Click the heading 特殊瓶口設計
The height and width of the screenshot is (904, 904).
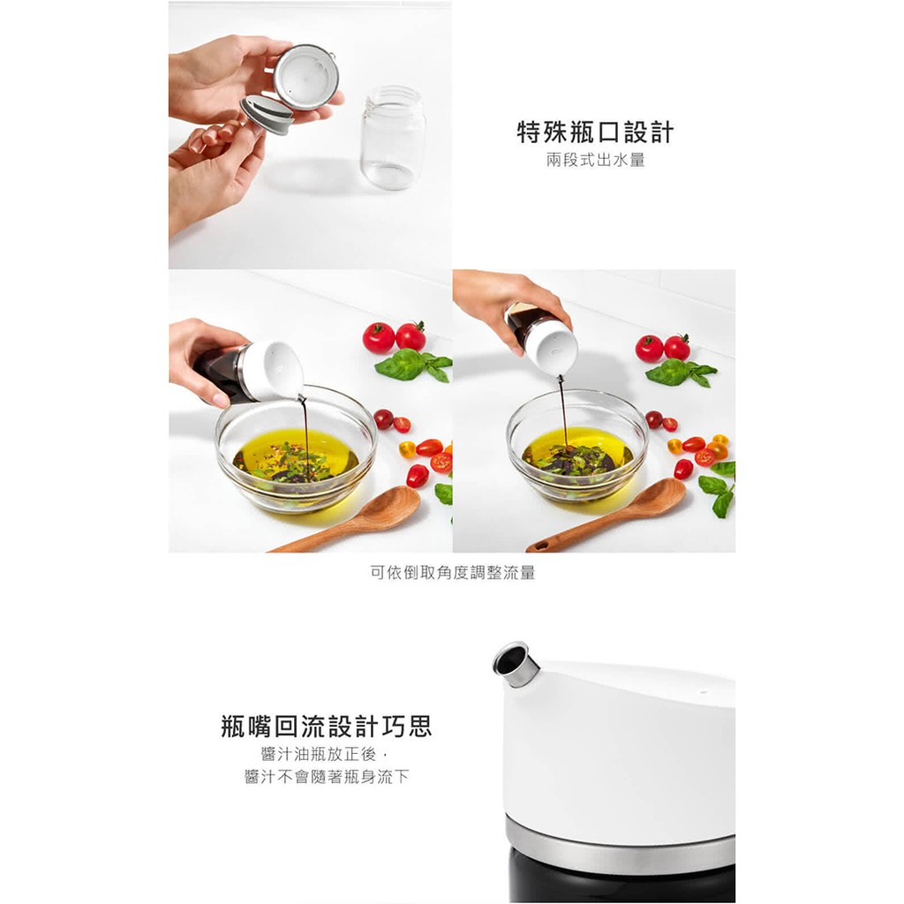pos(595,132)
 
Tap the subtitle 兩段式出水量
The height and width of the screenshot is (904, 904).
pos(596,160)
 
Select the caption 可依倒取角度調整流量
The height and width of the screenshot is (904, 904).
pos(453,572)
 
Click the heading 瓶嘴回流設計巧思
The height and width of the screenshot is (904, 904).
pos(327,726)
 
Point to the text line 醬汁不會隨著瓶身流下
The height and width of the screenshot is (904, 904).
pos(327,777)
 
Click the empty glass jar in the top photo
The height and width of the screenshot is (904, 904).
pos(394,138)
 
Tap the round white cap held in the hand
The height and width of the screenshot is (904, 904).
pos(305,77)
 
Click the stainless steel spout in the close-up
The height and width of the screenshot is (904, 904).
pos(515,665)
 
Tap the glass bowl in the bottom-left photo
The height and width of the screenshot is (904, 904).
pos(296,448)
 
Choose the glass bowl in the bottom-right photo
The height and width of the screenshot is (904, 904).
pos(577,446)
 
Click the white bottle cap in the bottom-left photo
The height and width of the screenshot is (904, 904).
pos(272,371)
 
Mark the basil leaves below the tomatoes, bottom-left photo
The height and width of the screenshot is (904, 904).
pos(413,365)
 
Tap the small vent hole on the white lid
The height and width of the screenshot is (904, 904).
pos(704,689)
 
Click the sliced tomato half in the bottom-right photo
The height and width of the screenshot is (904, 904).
pos(704,457)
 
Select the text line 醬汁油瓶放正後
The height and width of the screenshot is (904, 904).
pos(318,754)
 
